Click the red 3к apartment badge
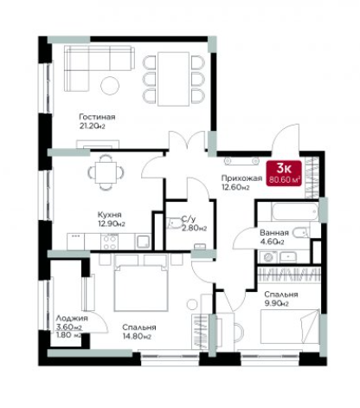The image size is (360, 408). (x=284, y=173)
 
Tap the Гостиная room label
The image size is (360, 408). (x=97, y=117)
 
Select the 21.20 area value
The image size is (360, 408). (x=92, y=126)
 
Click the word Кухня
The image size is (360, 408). (x=110, y=215)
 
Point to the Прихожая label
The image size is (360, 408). (x=241, y=178)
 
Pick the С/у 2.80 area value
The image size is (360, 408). (x=194, y=228)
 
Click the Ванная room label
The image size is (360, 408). (x=274, y=233)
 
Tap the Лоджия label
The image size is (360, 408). (x=72, y=318)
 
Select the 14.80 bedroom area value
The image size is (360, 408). (x=137, y=336)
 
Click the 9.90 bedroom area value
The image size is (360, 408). (x=277, y=303)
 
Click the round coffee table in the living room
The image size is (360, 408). (x=110, y=85)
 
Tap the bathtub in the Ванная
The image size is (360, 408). (x=295, y=212)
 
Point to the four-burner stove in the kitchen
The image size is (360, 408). (x=110, y=242)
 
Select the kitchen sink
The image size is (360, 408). (x=144, y=242)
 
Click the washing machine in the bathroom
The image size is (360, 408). (x=269, y=257)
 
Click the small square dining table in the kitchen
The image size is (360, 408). (x=106, y=172)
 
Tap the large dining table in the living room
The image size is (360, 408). (x=173, y=79)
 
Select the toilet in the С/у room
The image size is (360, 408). (x=174, y=223)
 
